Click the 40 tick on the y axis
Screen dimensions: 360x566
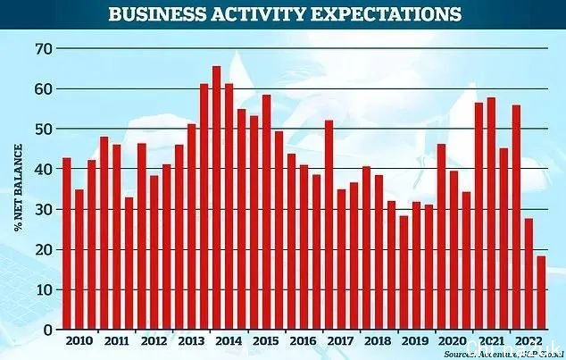41,169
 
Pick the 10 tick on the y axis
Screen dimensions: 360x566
41,290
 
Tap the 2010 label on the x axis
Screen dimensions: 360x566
79,341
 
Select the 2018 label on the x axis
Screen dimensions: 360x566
378,341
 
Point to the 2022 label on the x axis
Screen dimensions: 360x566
527,341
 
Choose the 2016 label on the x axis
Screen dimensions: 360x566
303,341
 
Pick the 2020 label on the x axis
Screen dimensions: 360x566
453,341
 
